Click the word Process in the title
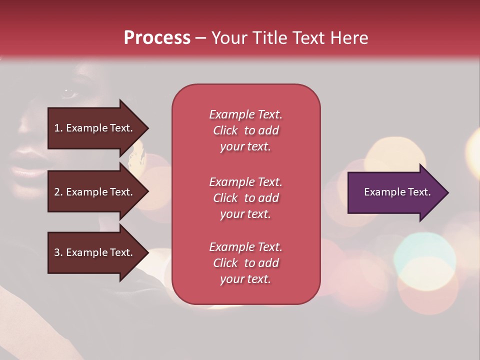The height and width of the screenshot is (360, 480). click(x=157, y=37)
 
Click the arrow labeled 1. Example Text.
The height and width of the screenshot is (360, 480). click(x=98, y=128)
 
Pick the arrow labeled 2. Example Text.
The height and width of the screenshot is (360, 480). click(x=98, y=191)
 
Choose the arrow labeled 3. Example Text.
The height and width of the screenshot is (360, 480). click(x=98, y=252)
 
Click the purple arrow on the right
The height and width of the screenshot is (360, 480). click(x=398, y=192)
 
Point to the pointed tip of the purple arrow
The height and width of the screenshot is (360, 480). click(x=448, y=192)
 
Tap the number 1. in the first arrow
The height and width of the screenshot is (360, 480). click(x=58, y=128)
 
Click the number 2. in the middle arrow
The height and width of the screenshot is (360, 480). click(x=58, y=192)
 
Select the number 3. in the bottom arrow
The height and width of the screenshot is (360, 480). click(x=58, y=252)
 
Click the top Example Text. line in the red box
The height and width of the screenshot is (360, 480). click(x=246, y=114)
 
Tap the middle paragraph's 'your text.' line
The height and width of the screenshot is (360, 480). click(x=245, y=214)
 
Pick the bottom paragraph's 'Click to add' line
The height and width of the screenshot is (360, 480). click(x=246, y=262)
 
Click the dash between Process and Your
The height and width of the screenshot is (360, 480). click(x=201, y=39)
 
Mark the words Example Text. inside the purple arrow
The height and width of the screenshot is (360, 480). click(x=397, y=192)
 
